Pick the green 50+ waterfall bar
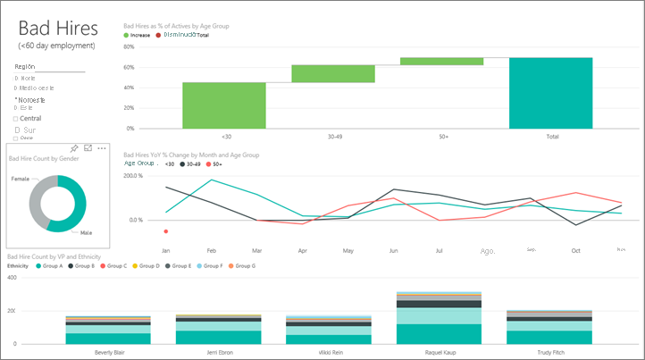(x=441, y=61)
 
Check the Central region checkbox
(x=16, y=118)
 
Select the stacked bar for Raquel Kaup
(x=439, y=317)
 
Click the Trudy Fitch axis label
(x=549, y=352)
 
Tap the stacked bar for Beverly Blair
(x=108, y=330)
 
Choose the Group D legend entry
(x=150, y=266)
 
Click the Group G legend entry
(x=244, y=266)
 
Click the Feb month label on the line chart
(x=212, y=250)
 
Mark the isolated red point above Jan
(x=166, y=231)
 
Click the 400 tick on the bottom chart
(x=12, y=279)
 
